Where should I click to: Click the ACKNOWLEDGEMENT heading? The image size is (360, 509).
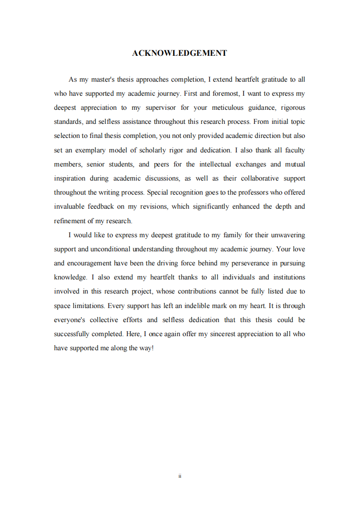tap(179, 53)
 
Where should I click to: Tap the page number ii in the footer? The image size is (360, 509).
tap(180, 476)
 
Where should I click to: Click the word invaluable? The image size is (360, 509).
tap(70, 206)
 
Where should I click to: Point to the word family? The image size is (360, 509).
tap(232, 235)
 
